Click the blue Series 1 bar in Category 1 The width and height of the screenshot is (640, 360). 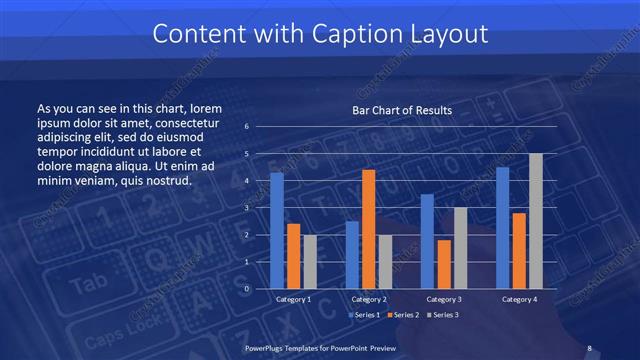277,231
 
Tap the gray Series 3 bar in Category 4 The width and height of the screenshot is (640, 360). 536,221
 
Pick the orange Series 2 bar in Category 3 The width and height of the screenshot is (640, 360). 443,264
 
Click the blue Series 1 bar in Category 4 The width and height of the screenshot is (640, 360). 502,228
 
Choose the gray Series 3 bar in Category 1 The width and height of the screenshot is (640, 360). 310,262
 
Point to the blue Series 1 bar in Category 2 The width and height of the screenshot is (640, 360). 352,255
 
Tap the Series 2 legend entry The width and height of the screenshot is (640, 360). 403,315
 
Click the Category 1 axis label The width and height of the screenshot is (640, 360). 293,299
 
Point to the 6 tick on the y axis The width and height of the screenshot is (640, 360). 246,127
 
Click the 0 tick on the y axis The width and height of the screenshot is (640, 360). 246,289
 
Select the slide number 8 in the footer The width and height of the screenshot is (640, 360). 589,348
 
